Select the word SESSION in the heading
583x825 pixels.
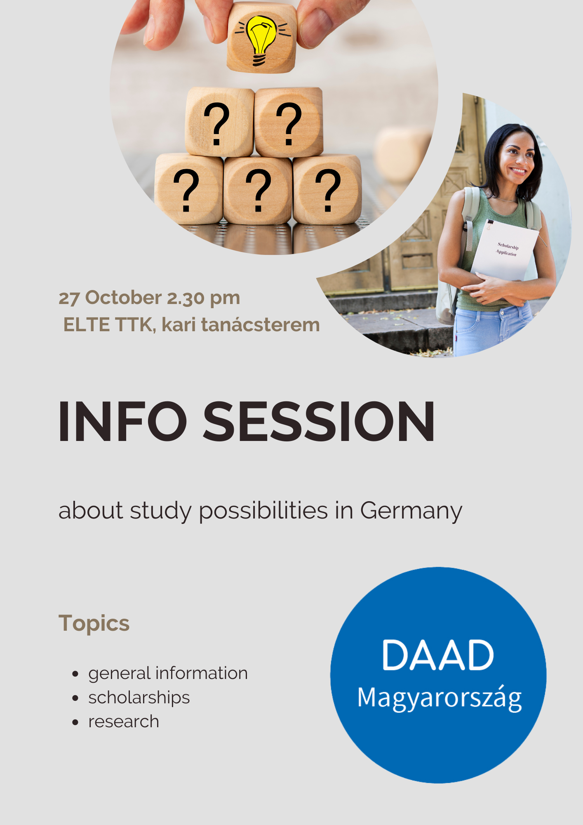pos(319,422)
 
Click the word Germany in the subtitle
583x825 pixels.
pos(411,512)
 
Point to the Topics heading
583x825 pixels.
pos(94,624)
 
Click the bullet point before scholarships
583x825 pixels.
pos(75,698)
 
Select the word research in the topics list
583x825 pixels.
pos(124,722)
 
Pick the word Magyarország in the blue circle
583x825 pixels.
pos(440,698)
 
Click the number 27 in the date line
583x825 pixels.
pos(69,298)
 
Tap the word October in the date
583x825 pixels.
pos(123,298)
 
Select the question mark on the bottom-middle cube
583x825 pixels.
pos(258,190)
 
